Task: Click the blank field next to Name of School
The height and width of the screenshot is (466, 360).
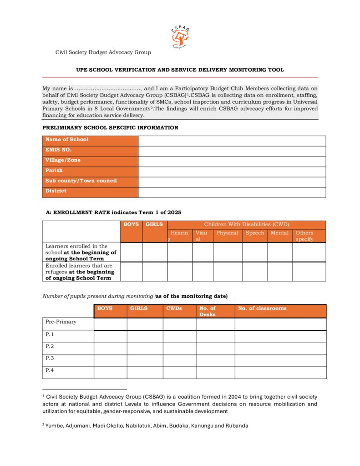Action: [232, 140]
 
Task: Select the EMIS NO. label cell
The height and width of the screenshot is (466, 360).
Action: [90, 150]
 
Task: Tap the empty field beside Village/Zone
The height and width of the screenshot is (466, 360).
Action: [232, 161]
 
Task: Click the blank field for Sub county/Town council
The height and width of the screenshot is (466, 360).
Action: [232, 182]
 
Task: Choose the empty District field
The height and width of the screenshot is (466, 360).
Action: [232, 192]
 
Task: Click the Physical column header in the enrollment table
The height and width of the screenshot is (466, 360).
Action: [227, 233]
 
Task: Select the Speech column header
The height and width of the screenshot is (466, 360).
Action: [254, 233]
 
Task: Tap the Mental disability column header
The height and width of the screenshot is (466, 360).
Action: [279, 233]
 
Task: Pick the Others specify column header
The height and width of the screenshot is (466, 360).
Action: [309, 236]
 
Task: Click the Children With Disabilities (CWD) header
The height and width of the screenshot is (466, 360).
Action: [246, 224]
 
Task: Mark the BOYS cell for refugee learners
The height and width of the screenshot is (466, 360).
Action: [131, 272]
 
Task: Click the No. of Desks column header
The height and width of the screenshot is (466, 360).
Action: [215, 311]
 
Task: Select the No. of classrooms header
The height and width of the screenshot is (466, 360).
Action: [280, 309]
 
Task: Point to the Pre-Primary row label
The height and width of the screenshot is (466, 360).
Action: [61, 322]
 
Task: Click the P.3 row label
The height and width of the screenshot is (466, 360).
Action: [50, 359]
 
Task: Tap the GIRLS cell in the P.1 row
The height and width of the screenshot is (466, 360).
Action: [144, 336]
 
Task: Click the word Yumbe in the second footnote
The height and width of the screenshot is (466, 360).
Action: [53, 426]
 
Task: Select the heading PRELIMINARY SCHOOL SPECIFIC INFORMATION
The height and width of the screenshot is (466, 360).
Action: [110, 128]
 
